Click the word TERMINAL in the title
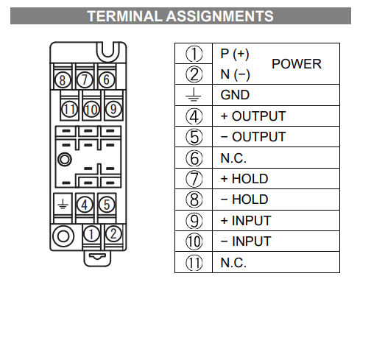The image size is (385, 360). point(124,16)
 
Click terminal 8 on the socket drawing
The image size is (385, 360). point(62,80)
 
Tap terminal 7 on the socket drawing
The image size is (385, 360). point(85,80)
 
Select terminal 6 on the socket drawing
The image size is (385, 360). point(107,80)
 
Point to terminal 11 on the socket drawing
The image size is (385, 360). point(69,109)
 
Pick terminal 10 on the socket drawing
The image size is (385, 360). point(91,109)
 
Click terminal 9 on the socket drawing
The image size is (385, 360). point(113,109)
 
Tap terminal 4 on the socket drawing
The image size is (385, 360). point(85,205)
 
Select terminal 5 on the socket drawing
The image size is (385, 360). point(107,205)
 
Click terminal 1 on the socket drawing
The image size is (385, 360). point(91,234)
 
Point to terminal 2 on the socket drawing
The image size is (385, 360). point(113,234)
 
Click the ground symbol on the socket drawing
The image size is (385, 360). point(63,205)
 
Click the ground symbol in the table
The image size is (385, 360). point(194,95)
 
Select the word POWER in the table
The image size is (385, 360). point(297,64)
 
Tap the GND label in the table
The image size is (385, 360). point(235,95)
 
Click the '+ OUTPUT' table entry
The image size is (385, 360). point(253,116)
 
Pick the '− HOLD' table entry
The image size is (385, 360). point(244,200)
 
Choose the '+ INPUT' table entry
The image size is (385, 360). point(246,221)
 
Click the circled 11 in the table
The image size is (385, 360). point(194,263)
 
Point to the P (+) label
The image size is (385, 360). point(235,54)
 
